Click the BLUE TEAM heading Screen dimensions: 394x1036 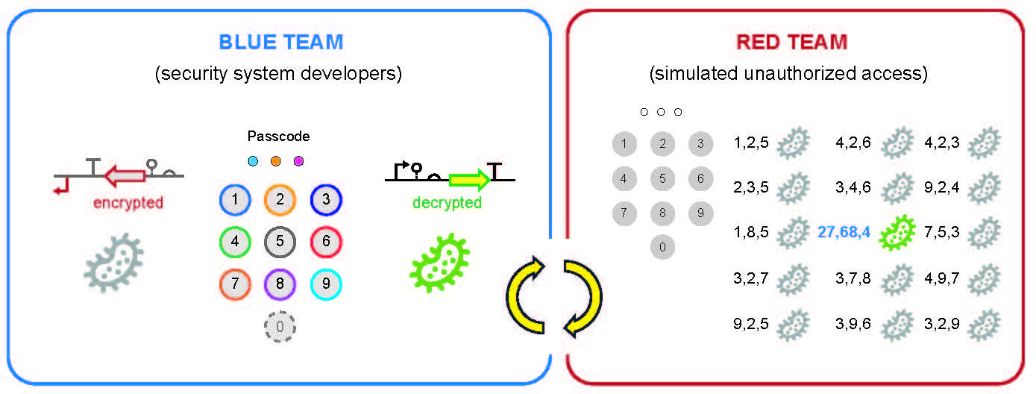pos(280,42)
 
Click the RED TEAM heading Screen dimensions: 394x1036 pos(791,42)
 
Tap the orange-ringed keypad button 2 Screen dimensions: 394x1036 pos(280,199)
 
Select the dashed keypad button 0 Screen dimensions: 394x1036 pos(280,326)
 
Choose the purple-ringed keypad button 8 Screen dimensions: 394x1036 pos(280,284)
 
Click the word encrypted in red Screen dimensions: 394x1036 pos(128,202)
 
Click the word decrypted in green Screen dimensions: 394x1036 pos(447,202)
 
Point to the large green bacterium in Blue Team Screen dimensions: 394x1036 pos(439,260)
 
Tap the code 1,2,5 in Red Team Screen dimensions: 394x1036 pos(751,142)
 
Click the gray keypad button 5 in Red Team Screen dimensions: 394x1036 pos(662,179)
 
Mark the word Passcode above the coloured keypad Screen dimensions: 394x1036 pos(278,137)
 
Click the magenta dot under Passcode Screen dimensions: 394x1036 pos(299,161)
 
